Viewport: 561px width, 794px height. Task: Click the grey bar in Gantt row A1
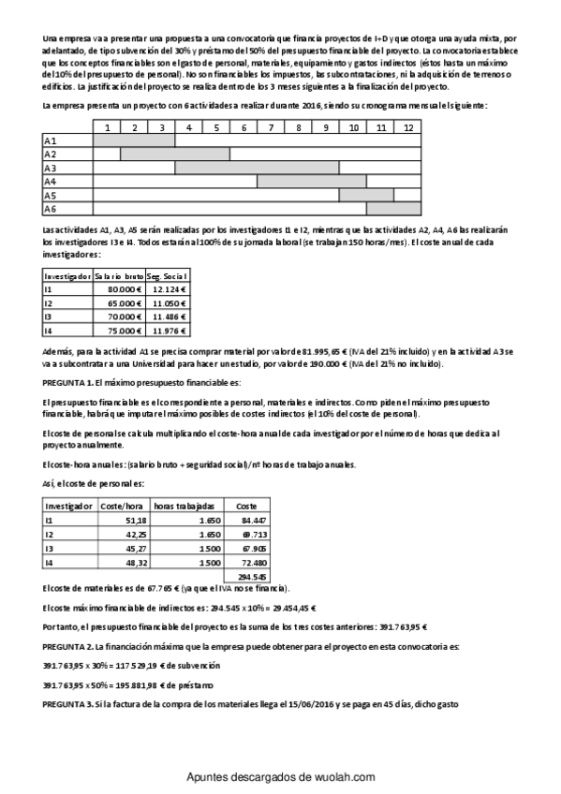(x=134, y=140)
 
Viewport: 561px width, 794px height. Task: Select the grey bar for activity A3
(x=257, y=168)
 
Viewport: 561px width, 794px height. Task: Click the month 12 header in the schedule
(x=407, y=126)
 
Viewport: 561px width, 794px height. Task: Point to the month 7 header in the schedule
(x=271, y=126)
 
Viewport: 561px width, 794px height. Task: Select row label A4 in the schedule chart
(x=51, y=182)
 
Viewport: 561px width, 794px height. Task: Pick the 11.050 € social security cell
(x=170, y=304)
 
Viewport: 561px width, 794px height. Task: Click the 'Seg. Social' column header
(x=170, y=276)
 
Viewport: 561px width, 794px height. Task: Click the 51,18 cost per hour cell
(x=135, y=519)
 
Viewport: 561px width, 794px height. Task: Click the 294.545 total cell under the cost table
(x=254, y=576)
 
